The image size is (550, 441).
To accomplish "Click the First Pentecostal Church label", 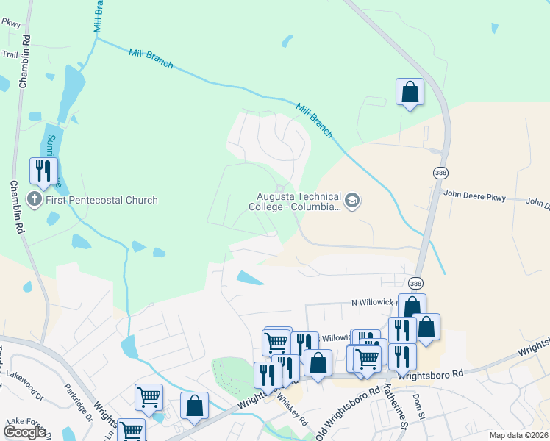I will point(102,199).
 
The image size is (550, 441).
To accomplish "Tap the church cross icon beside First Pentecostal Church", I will point(34,199).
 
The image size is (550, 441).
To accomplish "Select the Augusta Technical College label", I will point(299,201).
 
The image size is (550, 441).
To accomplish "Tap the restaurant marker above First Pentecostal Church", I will point(43,171).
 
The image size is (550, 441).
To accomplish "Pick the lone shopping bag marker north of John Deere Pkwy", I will point(410,93).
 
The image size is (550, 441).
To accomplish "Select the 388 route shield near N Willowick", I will point(416,284).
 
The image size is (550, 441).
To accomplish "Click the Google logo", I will point(24,432).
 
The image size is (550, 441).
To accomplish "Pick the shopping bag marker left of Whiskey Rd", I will point(194,406).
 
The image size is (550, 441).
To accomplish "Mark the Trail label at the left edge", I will point(10,54).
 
